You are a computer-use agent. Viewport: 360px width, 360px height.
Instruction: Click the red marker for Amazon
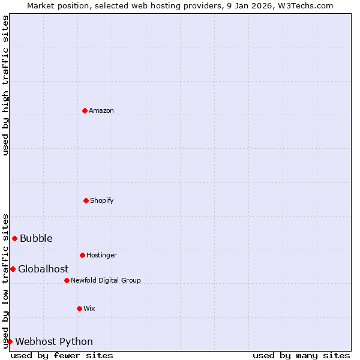click(85, 110)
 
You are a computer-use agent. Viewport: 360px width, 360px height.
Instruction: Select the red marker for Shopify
click(86, 200)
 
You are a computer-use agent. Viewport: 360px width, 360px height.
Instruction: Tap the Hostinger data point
click(82, 255)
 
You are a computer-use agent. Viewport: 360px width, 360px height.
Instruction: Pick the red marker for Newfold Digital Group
click(67, 280)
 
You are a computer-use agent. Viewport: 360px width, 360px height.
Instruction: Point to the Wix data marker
click(79, 308)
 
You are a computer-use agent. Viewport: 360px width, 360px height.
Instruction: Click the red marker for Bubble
click(14, 238)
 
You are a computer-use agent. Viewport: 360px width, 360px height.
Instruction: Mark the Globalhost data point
click(13, 269)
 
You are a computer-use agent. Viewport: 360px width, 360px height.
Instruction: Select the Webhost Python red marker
click(10, 341)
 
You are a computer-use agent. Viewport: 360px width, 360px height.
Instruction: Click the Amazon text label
click(101, 111)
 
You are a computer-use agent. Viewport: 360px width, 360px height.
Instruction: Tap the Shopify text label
click(102, 201)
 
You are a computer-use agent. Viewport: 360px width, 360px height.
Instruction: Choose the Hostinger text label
click(101, 256)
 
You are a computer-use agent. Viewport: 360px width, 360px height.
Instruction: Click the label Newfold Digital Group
click(106, 281)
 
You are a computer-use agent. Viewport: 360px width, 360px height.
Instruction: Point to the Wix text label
click(89, 309)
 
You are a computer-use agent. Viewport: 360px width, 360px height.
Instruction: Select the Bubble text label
click(36, 239)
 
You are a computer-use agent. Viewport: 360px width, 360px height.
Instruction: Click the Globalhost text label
click(43, 269)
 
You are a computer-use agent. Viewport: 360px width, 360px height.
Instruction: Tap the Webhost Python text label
click(54, 342)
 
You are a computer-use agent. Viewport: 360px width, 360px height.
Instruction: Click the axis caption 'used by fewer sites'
click(62, 355)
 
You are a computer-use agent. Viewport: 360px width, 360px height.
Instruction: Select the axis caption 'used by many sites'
click(301, 355)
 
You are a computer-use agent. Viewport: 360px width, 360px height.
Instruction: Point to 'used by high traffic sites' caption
click(5, 85)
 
